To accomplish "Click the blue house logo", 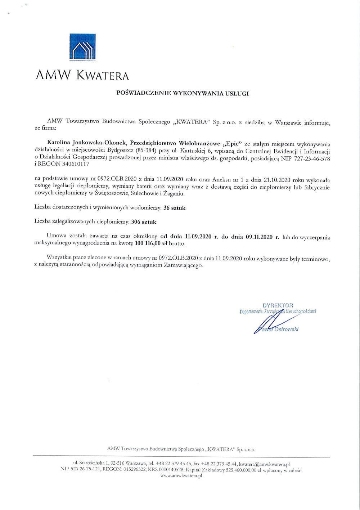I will [x=82, y=47].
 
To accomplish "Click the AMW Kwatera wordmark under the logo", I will [x=82, y=75].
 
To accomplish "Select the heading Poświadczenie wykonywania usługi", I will [x=183, y=93].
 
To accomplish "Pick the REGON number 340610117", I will [x=72, y=164].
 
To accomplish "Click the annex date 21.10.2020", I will [x=276, y=180].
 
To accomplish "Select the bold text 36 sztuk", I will [x=174, y=208].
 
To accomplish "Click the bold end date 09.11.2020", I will [x=259, y=237].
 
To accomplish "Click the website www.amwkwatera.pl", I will [x=181, y=476].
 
